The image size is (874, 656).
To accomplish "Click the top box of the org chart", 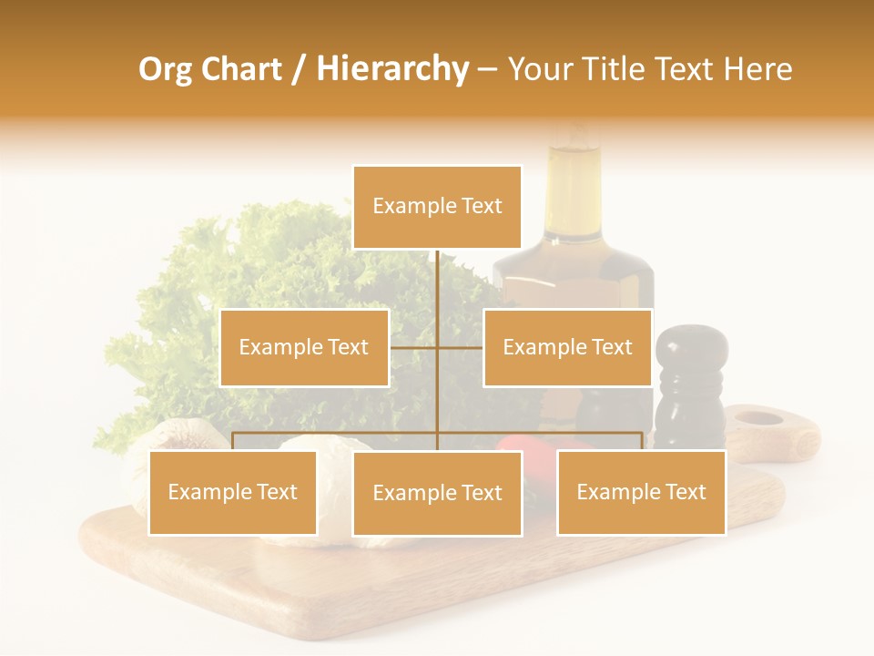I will pyautogui.click(x=437, y=207).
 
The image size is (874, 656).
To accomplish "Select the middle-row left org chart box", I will pyautogui.click(x=304, y=347).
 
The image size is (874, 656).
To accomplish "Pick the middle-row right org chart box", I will pyautogui.click(x=567, y=347).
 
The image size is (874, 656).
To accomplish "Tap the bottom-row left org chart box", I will pyautogui.click(x=233, y=492).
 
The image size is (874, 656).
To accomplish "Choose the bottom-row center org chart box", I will pyautogui.click(x=437, y=493).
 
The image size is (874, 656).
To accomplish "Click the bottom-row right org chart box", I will pyautogui.click(x=641, y=492).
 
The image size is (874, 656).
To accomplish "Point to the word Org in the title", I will pyautogui.click(x=165, y=69).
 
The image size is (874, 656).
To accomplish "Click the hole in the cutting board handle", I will pyautogui.click(x=758, y=419).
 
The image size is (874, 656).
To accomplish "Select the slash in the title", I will pyautogui.click(x=298, y=69).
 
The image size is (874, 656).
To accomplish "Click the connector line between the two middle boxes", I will pyautogui.click(x=437, y=347).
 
